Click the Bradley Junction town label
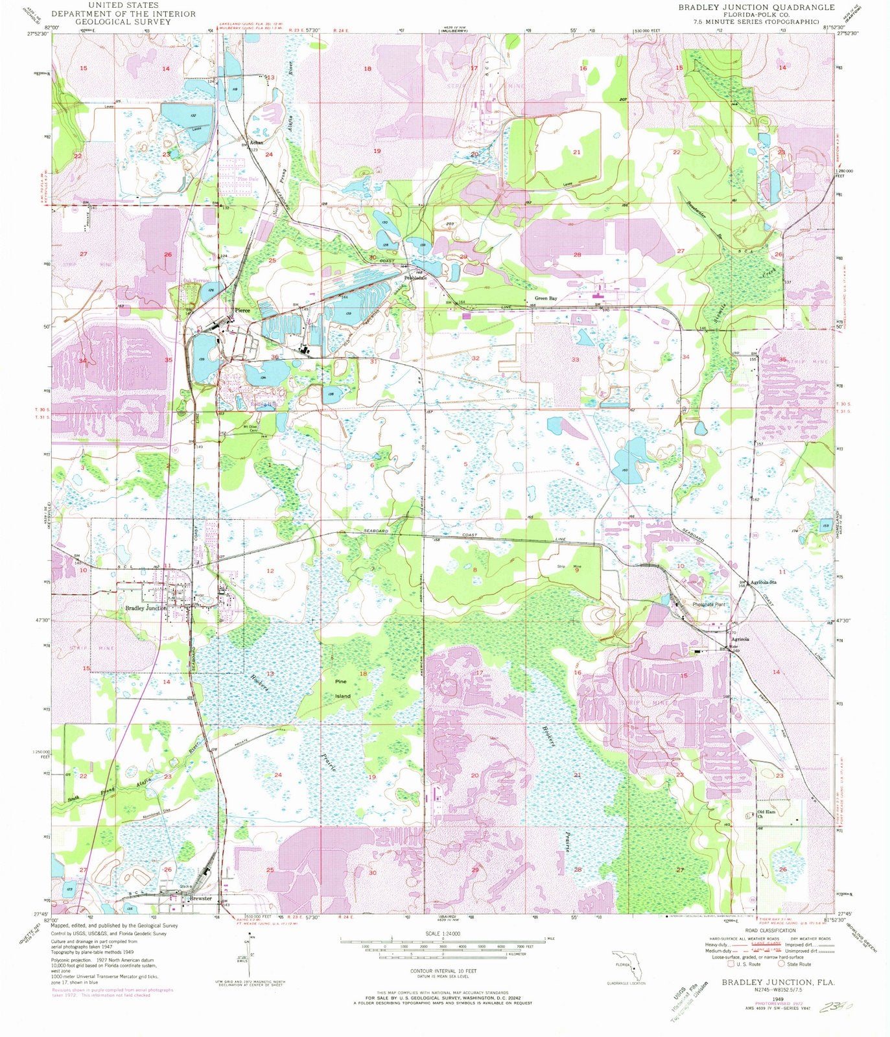146,609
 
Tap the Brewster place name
200,898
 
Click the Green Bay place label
545,299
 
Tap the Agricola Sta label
763,582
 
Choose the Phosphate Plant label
708,604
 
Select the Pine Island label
342,689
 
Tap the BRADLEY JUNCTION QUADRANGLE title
756,7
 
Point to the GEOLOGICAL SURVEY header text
103,21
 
